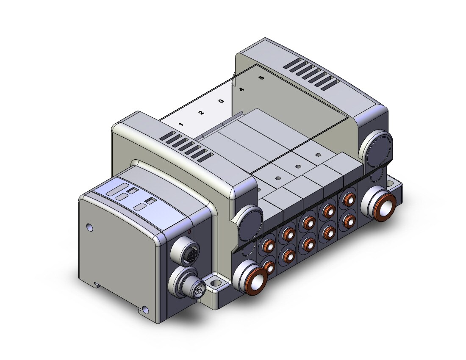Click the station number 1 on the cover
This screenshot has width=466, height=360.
point(181,124)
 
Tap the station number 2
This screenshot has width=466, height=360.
point(201,113)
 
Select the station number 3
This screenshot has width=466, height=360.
point(221,101)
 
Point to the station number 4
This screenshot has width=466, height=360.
point(241,89)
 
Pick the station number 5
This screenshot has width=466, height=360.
point(261,78)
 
